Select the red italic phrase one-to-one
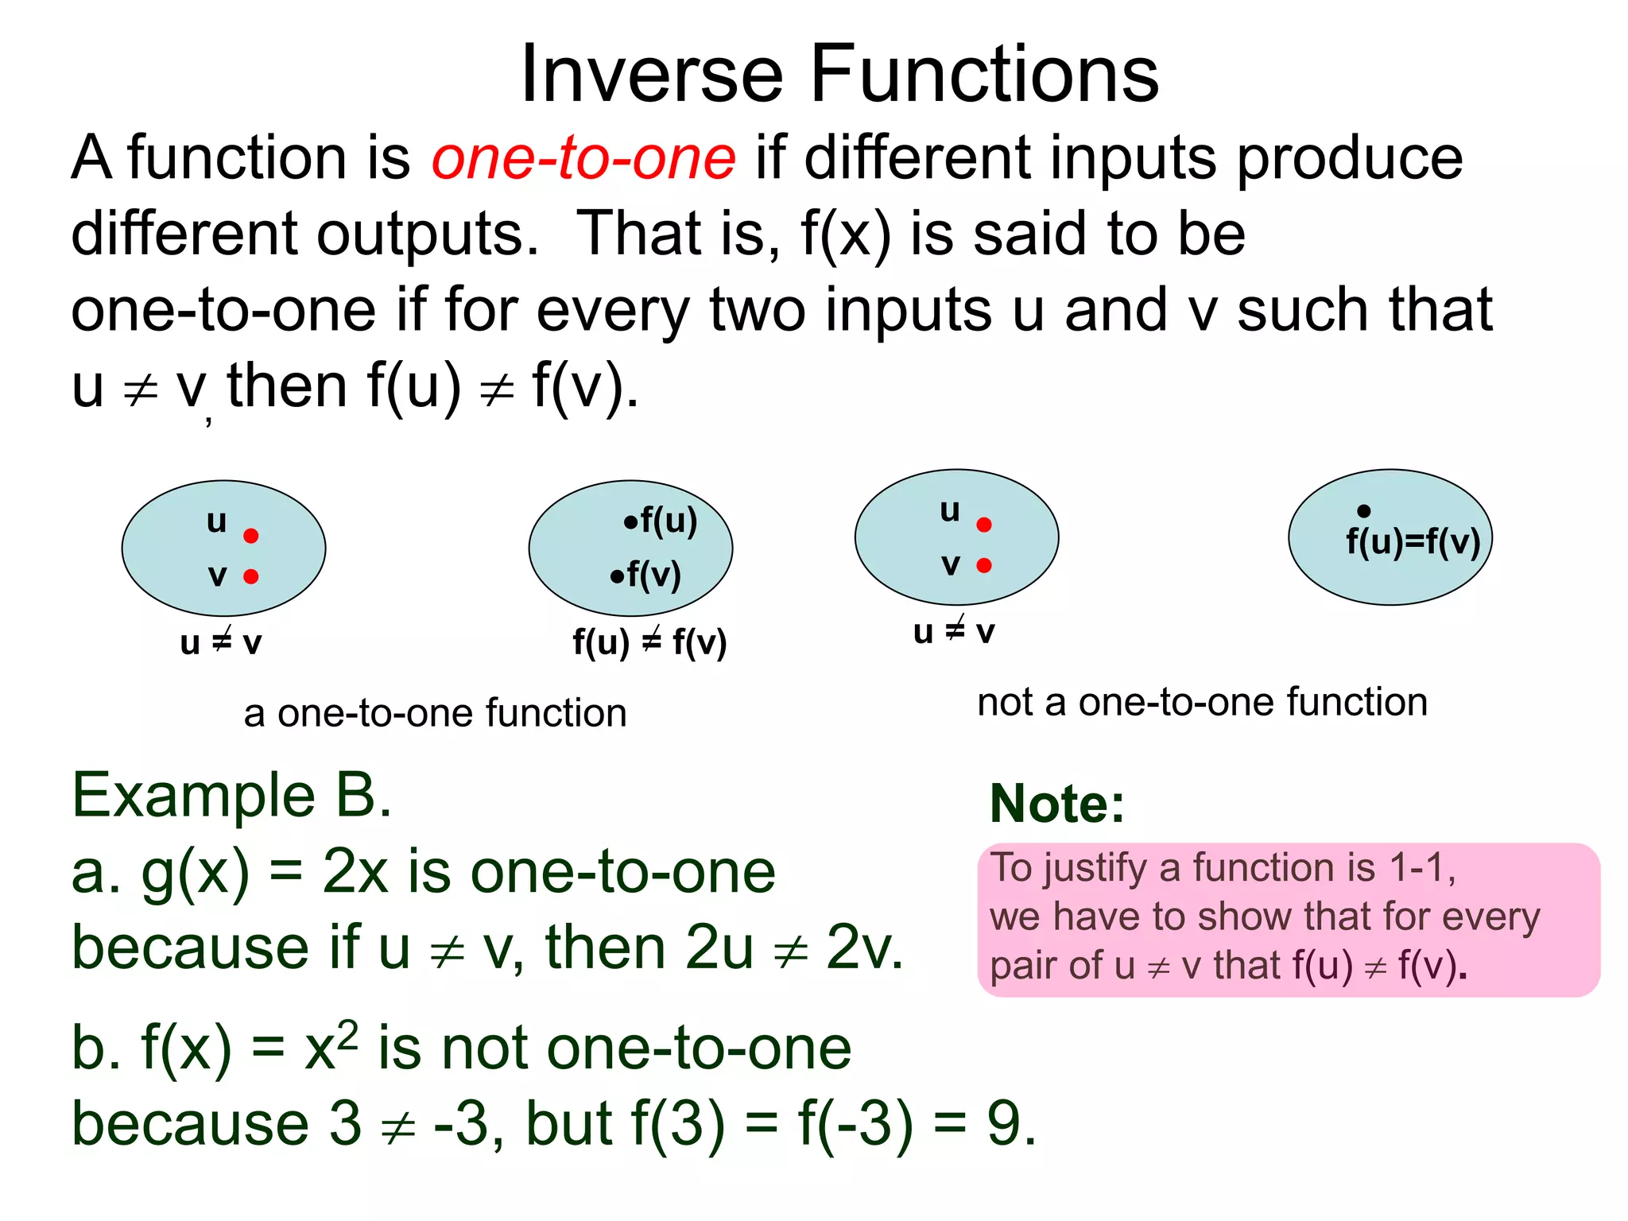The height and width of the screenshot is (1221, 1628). (x=583, y=157)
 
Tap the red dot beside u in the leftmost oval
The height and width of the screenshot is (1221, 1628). (x=251, y=536)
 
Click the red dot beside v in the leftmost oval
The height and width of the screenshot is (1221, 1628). (x=251, y=576)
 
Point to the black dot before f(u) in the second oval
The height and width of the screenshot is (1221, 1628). (x=630, y=522)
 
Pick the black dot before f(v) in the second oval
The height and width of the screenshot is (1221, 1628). (x=617, y=576)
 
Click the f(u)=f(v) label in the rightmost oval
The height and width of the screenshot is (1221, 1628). (x=1413, y=542)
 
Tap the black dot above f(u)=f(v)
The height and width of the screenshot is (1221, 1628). (x=1363, y=511)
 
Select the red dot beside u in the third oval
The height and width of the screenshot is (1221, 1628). (x=984, y=525)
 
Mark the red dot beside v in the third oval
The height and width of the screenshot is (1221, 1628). (x=984, y=565)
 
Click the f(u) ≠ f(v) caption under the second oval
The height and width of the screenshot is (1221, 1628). (x=649, y=642)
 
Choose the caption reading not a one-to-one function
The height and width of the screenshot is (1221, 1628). (x=1202, y=703)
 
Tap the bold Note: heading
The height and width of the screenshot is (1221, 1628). (x=1057, y=804)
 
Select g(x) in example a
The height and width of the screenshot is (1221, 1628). (x=195, y=873)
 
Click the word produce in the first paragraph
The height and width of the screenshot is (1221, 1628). (x=1349, y=157)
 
